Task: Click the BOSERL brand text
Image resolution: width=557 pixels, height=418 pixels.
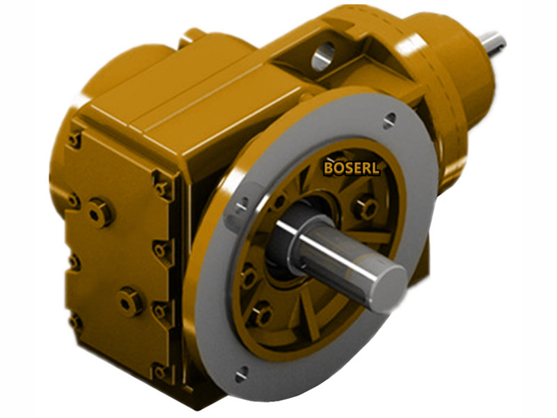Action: coord(352,168)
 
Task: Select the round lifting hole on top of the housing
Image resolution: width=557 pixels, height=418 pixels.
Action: coord(322,56)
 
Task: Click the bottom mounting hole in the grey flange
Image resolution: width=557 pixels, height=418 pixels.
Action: coord(241,376)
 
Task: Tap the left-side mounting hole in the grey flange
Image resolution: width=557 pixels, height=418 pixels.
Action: coord(243,204)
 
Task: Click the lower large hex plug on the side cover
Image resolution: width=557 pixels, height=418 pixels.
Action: coord(129,301)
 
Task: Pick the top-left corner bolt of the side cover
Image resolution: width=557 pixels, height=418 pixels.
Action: coord(74,139)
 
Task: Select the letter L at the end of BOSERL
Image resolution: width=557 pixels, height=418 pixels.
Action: coord(376,168)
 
